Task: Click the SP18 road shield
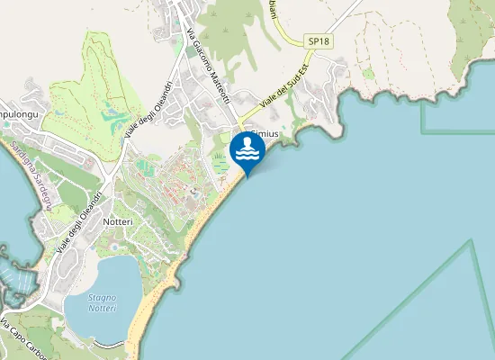[318, 41]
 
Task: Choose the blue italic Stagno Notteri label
[102, 302]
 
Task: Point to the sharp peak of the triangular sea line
[471, 241]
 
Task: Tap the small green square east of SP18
[367, 72]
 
